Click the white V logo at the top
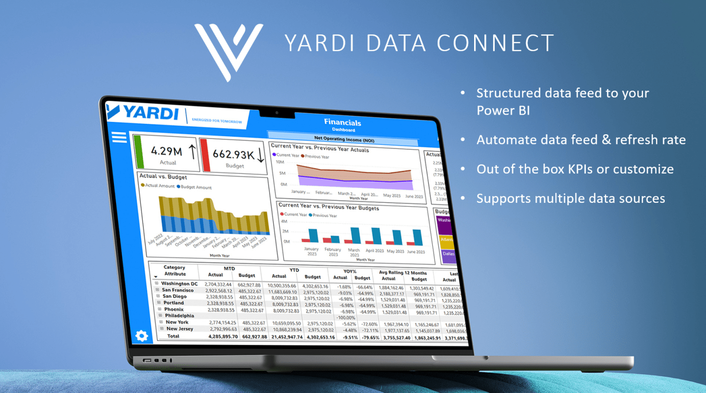(228, 49)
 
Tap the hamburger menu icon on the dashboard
(120, 137)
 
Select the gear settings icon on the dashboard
(142, 336)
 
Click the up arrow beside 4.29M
(192, 151)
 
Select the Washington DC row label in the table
(179, 284)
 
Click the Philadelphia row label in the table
(179, 316)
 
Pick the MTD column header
(229, 269)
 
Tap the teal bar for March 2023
(355, 235)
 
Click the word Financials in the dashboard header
(342, 123)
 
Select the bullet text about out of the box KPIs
(575, 170)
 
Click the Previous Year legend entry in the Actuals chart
(317, 156)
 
